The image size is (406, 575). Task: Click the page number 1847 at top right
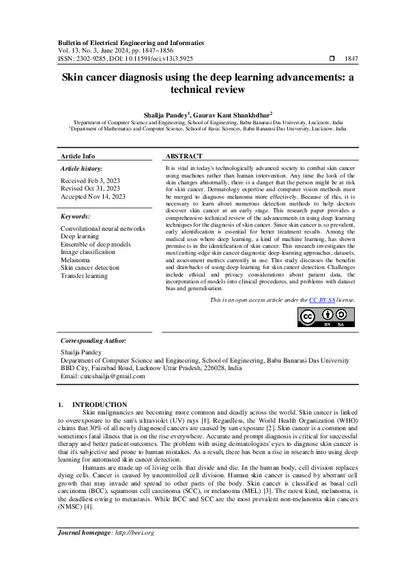click(x=352, y=59)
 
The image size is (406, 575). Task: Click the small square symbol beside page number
click(x=332, y=59)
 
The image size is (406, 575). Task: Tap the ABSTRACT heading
click(x=184, y=156)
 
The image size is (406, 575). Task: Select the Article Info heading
click(x=78, y=156)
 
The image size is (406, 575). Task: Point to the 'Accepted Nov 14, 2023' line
click(x=93, y=197)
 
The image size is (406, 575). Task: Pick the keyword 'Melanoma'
click(x=75, y=260)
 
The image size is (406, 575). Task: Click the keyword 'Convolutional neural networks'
click(x=103, y=228)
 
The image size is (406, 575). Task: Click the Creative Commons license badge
click(x=326, y=317)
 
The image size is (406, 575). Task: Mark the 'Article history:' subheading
click(x=82, y=168)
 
